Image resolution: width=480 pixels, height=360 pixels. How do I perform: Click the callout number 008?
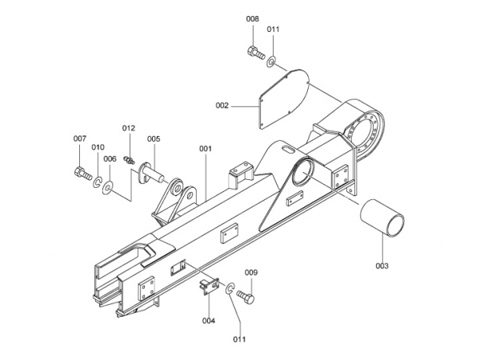click(253, 18)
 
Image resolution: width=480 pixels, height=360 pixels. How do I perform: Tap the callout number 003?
click(382, 266)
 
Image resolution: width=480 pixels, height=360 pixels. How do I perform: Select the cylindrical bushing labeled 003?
click(382, 218)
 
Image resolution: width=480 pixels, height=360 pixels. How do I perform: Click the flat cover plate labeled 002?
click(282, 98)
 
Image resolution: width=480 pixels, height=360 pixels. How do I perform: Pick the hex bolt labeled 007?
click(83, 174)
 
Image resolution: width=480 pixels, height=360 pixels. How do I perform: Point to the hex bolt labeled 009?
click(246, 296)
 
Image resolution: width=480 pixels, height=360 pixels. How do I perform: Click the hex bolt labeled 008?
click(256, 53)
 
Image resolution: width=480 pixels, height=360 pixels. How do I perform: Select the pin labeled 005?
click(151, 174)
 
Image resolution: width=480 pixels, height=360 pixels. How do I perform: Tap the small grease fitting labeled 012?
click(129, 160)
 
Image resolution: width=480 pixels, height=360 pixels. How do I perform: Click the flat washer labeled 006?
click(108, 187)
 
